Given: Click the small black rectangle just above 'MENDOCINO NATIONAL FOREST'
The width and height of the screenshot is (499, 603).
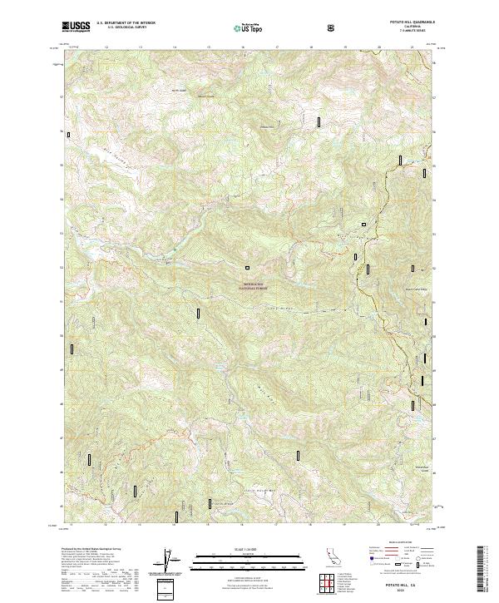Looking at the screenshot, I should [x=247, y=268].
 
